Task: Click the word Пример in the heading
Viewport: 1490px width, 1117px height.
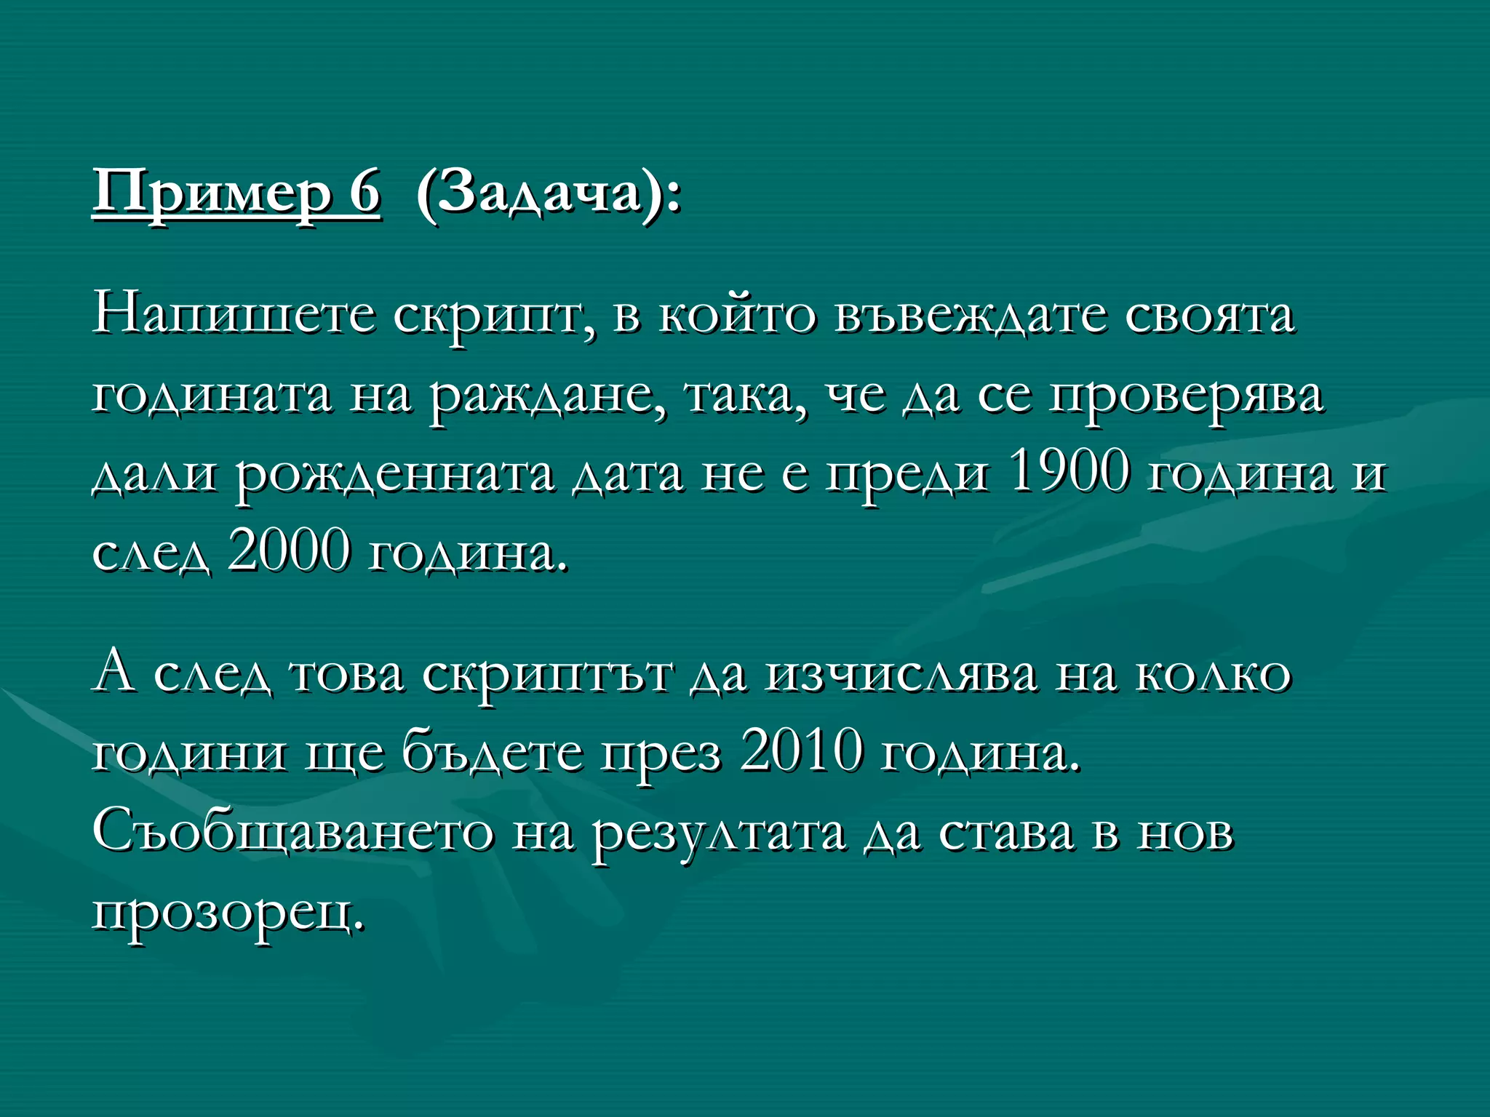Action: coord(212,193)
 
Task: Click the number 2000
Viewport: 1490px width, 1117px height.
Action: coord(289,551)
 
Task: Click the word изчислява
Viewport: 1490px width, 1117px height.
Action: coord(901,673)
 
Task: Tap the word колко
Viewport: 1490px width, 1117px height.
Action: coord(1213,673)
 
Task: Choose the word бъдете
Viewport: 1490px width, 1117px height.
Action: coord(493,753)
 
